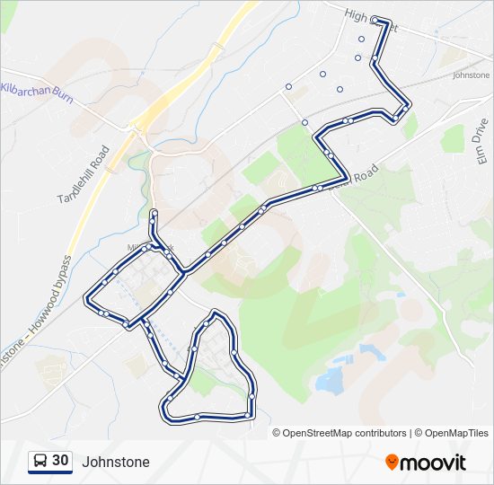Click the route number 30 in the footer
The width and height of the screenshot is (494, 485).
pyautogui.click(x=60, y=461)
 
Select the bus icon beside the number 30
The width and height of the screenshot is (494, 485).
pyautogui.click(x=40, y=462)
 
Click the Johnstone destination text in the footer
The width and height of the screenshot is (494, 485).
pyautogui.click(x=116, y=463)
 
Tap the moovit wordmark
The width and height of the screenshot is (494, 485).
pyautogui.click(x=433, y=463)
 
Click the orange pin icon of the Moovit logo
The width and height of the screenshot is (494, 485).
pyautogui.click(x=392, y=462)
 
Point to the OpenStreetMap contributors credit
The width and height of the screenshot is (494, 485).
pyautogui.click(x=345, y=433)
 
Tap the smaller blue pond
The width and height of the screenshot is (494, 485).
pyautogui.click(x=370, y=351)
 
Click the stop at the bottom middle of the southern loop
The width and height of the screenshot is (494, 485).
pyautogui.click(x=198, y=416)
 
